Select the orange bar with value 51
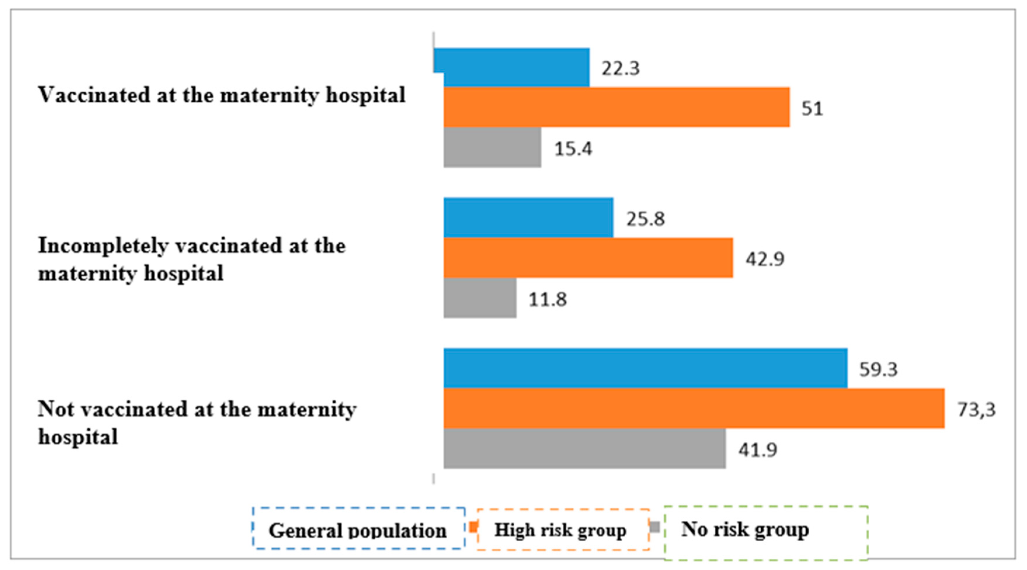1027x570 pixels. (x=616, y=107)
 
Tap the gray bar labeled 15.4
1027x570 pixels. (x=492, y=147)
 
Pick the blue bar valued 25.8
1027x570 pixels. (x=528, y=217)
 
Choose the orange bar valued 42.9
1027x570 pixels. (x=588, y=258)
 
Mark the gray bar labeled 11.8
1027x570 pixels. (x=480, y=298)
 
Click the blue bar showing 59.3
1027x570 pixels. (x=645, y=368)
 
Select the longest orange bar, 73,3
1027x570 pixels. (x=694, y=408)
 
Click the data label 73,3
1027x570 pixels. (x=976, y=410)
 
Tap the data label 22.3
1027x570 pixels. (x=620, y=69)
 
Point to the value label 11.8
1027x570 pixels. (x=547, y=299)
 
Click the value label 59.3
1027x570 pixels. (x=878, y=369)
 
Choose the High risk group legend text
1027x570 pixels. (x=560, y=530)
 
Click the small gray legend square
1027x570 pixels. (x=655, y=527)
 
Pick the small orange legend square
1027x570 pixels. (x=474, y=527)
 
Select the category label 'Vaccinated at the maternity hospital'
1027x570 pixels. (x=221, y=95)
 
